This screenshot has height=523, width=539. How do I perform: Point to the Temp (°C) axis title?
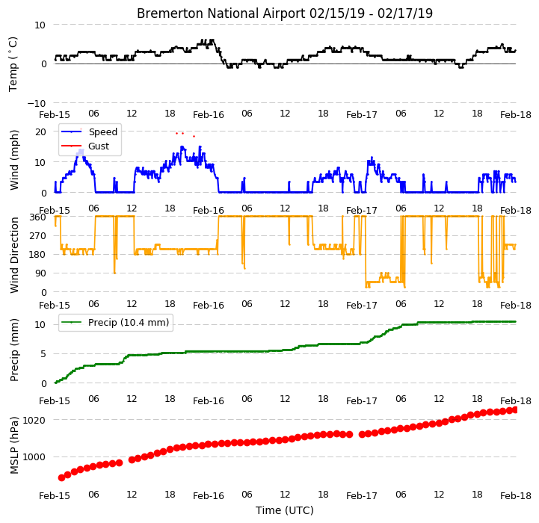[13, 64]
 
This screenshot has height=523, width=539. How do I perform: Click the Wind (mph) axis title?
[13, 160]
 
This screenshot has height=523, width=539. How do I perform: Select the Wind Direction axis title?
[14, 255]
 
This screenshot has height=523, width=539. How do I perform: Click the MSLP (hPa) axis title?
[13, 445]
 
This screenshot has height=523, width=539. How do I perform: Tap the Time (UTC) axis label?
[285, 510]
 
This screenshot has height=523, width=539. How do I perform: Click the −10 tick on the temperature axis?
[37, 103]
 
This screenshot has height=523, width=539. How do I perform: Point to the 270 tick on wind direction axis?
[38, 236]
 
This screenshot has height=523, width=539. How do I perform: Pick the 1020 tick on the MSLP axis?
[34, 420]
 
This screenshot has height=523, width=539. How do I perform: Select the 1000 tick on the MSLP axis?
[34, 457]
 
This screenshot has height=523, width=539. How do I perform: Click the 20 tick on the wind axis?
[40, 132]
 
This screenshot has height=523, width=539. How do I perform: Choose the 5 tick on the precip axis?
[43, 354]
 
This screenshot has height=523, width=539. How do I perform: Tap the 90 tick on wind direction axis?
[40, 273]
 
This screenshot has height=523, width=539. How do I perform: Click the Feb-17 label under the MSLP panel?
[362, 496]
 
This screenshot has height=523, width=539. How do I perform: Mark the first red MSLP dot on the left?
[61, 477]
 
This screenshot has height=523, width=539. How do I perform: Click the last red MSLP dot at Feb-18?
[514, 409]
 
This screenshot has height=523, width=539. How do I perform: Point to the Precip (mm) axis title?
[13, 350]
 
